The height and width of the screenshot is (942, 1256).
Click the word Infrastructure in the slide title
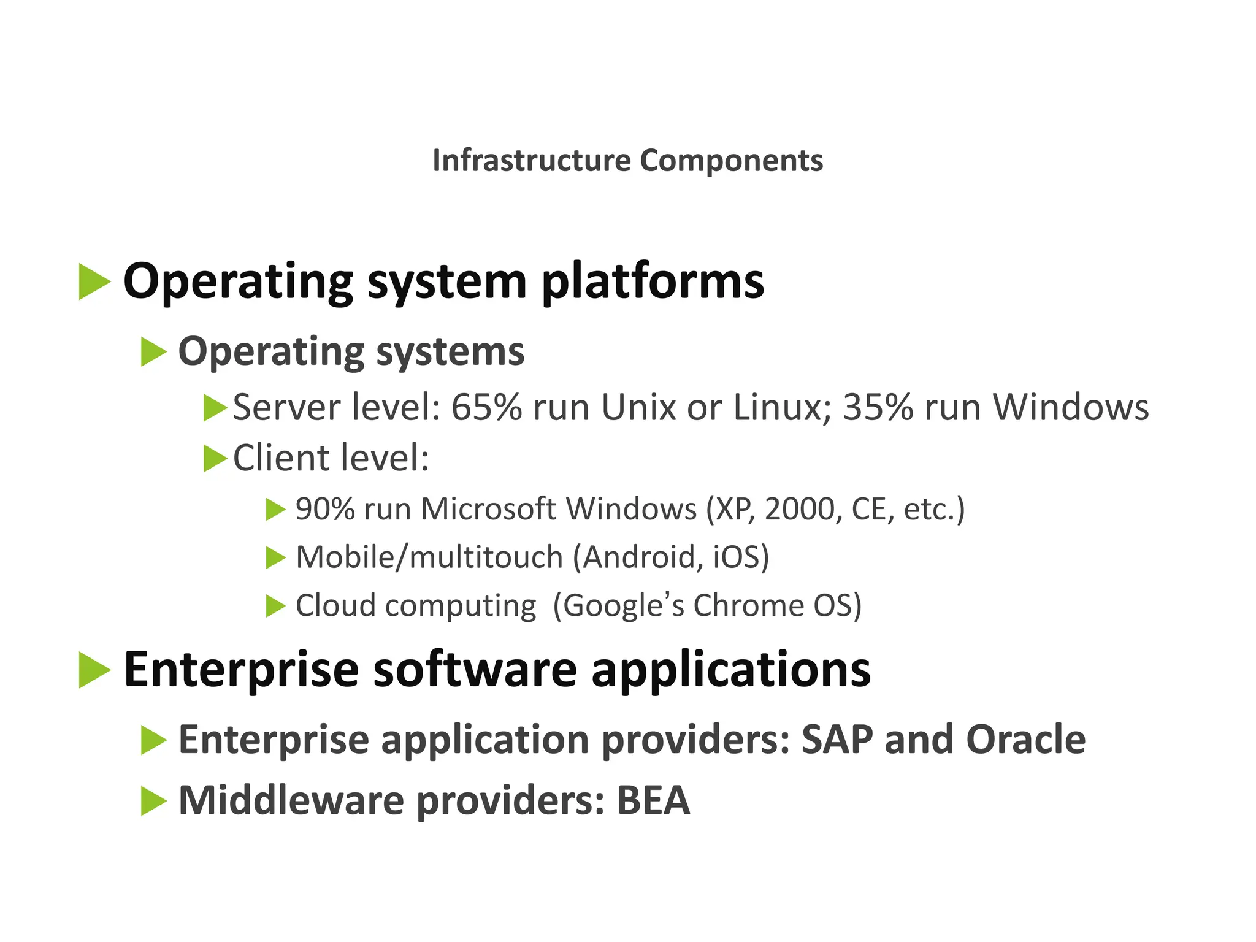531,161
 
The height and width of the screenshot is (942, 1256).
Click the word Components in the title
731,161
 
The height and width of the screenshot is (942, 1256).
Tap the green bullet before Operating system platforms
94,282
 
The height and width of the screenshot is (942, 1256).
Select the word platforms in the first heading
653,282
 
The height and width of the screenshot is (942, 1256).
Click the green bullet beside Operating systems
153,352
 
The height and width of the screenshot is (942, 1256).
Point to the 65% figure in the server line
486,407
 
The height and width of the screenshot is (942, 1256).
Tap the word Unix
638,407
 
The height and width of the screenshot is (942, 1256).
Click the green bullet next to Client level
215,458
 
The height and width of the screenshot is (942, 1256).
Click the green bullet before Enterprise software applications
94,670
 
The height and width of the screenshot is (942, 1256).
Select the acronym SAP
837,740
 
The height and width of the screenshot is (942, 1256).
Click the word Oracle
1025,740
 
